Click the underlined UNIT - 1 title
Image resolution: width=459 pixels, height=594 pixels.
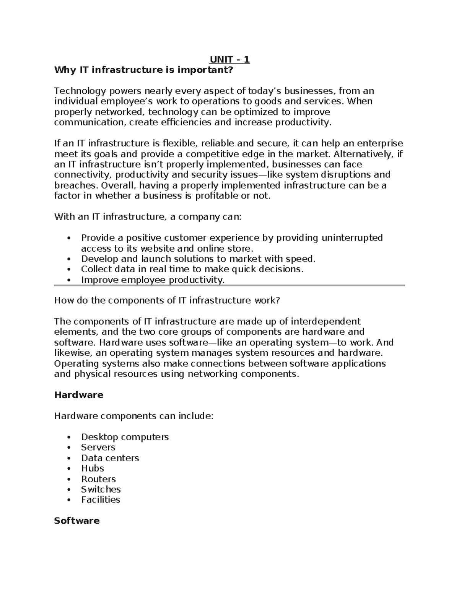pos(229,59)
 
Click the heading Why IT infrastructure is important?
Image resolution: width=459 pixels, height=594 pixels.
pos(143,70)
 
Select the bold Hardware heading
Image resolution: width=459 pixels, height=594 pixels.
pos(79,395)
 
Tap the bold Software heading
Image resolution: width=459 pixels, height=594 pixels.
pos(77,521)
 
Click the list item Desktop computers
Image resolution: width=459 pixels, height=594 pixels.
pos(125,437)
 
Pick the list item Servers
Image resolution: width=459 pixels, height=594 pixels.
pos(98,447)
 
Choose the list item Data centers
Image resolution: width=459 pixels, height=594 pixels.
pos(110,458)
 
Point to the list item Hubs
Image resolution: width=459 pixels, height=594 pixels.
pos(92,468)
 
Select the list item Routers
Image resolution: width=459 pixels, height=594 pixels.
pos(98,479)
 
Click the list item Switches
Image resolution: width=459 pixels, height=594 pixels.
pos(101,489)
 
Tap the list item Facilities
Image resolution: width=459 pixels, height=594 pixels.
pos(100,500)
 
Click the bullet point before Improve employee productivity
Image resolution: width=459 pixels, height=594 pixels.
pos(68,280)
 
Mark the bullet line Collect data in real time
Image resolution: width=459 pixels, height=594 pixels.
pos(192,269)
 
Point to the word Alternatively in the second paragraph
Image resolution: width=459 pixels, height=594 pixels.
pos(363,154)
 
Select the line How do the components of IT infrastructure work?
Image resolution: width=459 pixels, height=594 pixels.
pos(167,300)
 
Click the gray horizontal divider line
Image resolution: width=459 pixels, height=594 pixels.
pos(229,285)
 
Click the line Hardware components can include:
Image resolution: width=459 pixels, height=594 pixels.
pos(133,416)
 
